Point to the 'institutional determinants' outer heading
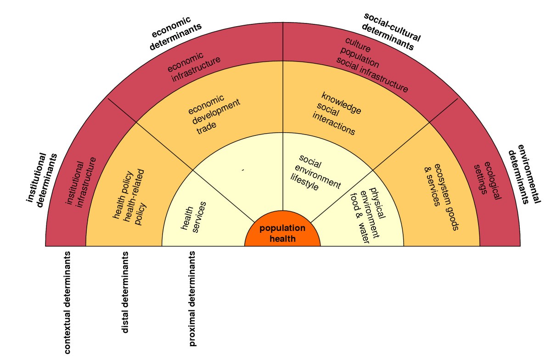pos(42,179)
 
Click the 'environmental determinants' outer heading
pos(523,174)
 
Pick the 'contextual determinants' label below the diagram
pos(67,303)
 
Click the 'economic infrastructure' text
pos(193,67)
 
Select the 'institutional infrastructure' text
pos(81,182)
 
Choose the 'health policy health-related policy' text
pos(129,197)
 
